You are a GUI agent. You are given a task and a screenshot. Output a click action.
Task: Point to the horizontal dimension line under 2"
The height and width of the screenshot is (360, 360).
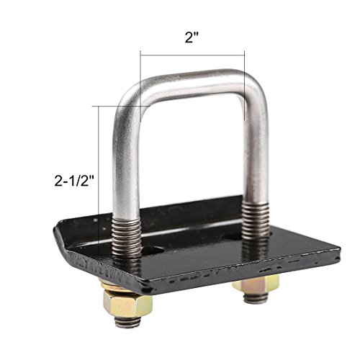click(x=192, y=53)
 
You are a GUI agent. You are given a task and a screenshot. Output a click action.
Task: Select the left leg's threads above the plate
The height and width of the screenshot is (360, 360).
click(x=124, y=231)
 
